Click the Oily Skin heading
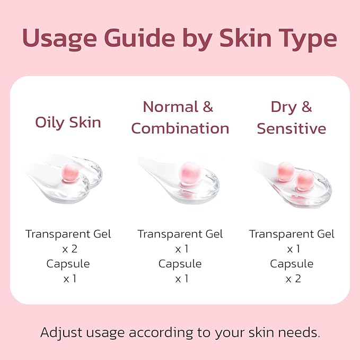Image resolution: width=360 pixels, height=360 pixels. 68,122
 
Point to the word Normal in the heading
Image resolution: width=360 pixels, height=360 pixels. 164,107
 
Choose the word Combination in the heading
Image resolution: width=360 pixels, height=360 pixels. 180,128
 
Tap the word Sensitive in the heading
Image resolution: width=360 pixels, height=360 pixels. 291,128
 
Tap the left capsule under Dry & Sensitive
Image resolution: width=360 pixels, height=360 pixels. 285,171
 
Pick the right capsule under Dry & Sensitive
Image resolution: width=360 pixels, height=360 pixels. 304,180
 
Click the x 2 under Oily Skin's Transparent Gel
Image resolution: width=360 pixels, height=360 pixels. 68,249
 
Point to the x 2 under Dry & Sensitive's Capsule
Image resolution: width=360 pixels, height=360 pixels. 292,278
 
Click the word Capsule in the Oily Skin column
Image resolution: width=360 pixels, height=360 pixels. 68,264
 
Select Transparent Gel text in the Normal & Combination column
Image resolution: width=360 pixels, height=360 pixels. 180,234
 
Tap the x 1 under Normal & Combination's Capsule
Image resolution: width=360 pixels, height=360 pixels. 180,278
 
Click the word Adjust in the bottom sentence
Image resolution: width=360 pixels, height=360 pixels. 62,333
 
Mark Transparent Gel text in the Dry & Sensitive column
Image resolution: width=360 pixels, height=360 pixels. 292,234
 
